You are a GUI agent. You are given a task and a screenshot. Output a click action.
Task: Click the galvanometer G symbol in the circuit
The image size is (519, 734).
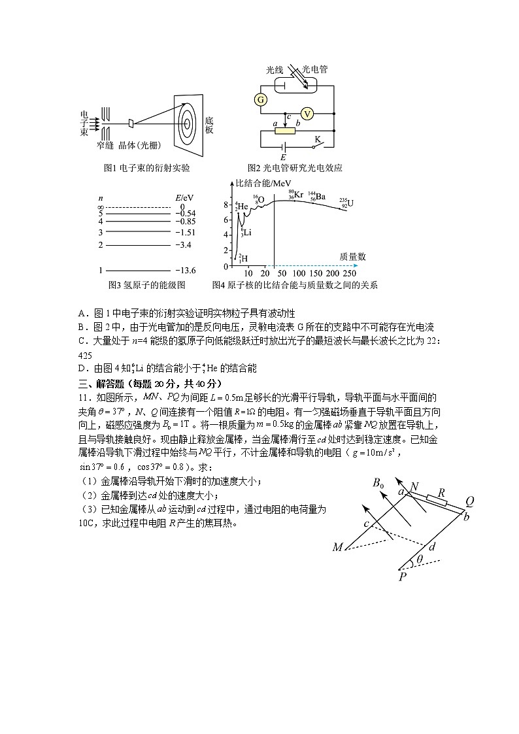tap(260, 99)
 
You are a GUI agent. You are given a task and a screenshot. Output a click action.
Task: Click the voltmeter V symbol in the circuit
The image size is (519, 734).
tap(308, 114)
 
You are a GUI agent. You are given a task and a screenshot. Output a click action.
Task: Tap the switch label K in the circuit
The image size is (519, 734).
tap(318, 139)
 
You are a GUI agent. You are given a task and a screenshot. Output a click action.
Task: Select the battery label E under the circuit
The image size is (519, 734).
tap(283, 158)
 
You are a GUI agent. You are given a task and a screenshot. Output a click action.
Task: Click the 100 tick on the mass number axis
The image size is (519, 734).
tap(299, 273)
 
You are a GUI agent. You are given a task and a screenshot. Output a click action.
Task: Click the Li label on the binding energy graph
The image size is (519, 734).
tap(246, 233)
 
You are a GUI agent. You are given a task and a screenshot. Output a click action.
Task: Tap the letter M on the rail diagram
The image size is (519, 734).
tap(337, 547)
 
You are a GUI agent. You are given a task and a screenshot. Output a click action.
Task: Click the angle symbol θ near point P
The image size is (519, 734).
tap(420, 559)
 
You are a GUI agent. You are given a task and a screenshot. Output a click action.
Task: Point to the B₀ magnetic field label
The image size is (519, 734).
tap(378, 484)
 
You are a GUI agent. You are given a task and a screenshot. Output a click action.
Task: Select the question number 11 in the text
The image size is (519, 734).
tap(83, 397)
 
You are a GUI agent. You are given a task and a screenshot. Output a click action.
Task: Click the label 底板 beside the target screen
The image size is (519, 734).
tap(209, 125)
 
